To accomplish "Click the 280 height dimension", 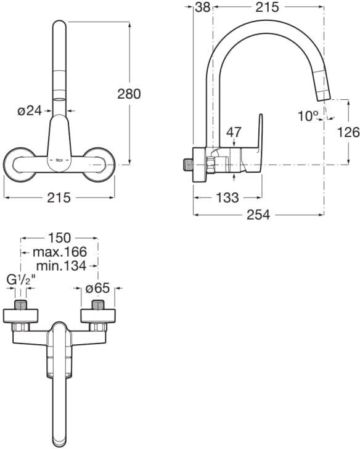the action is [x=129, y=94].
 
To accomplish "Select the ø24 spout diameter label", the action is [x=30, y=110].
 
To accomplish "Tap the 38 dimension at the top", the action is [x=203, y=7].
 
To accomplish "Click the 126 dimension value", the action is [x=348, y=132].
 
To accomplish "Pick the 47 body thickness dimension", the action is [x=234, y=132].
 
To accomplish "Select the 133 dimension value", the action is [x=227, y=197].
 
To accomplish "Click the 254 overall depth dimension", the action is [x=258, y=215].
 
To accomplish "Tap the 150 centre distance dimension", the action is [x=59, y=238].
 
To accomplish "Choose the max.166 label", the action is [x=60, y=252].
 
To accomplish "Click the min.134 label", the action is [x=61, y=266].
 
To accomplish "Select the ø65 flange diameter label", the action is [x=97, y=289].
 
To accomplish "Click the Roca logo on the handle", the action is [x=59, y=160].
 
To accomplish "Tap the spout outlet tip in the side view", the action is [x=324, y=97].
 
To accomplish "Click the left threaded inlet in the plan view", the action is [x=20, y=305].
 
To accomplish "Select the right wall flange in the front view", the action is [x=99, y=165].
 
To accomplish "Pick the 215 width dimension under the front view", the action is [x=59, y=197].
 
